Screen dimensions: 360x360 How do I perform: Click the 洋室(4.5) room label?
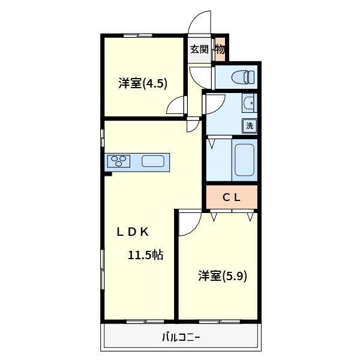142,84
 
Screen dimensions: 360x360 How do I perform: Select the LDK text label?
136,232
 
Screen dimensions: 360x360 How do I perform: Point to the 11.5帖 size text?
145,255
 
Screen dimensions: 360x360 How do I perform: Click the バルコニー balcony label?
181,337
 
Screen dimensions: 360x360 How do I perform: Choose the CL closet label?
232,197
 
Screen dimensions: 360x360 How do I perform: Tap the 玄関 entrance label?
199,49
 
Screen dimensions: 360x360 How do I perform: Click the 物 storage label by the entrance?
220,49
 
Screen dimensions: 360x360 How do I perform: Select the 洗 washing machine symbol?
250,125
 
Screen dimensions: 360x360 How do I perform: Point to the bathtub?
244,160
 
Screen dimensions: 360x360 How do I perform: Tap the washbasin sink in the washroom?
248,104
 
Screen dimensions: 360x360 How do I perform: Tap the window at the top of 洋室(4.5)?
137,36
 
